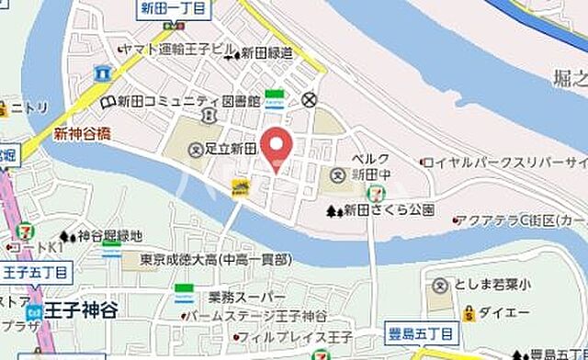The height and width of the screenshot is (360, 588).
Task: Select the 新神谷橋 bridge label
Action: tap(82, 134)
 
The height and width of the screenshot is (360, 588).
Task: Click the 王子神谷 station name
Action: tap(82, 310)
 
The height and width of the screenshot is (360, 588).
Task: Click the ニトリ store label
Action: tap(32, 107)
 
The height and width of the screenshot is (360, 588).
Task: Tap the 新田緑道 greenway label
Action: tap(266, 54)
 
